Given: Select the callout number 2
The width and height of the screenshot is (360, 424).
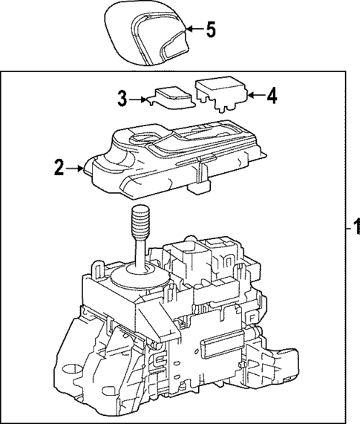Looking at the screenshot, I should click(58, 169).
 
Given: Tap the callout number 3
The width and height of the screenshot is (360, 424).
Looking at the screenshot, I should click(122, 97).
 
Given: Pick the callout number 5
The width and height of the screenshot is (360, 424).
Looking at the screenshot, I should click(211, 30).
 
